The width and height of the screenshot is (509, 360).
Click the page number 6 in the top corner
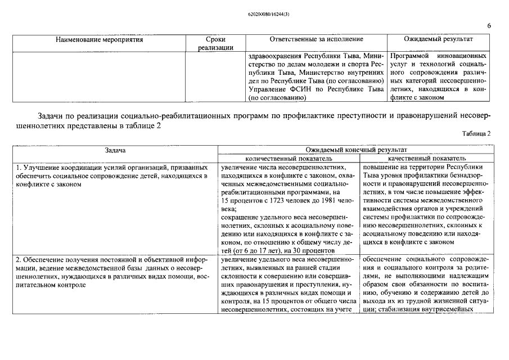click(x=489, y=26)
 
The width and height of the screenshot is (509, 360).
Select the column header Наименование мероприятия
click(x=100, y=39)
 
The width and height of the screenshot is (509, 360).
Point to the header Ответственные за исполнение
click(x=316, y=39)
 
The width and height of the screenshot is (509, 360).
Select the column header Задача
click(x=115, y=150)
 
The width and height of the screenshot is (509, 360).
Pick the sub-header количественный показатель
click(x=289, y=159)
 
